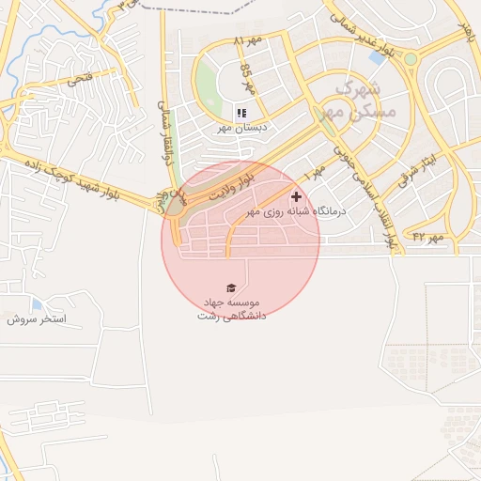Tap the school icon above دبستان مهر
(241, 114)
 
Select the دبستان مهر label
(243, 127)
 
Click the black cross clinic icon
(297, 197)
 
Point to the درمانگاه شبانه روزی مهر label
(296, 212)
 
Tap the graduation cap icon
(231, 287)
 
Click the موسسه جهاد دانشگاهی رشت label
(232, 309)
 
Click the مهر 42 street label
(427, 238)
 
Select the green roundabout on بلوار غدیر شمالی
(410, 59)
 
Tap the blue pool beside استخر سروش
(37, 304)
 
